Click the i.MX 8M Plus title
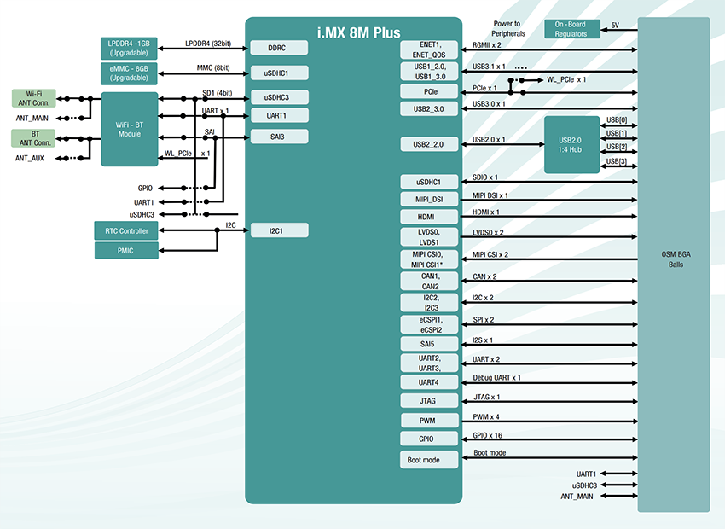[x=354, y=32]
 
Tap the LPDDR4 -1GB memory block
[x=129, y=47]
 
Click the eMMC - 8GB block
[x=129, y=72]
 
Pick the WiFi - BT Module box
[x=129, y=129]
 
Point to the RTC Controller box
[x=126, y=230]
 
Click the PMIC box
[x=126, y=250]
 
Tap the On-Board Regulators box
[x=571, y=28]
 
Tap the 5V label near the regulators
[x=615, y=26]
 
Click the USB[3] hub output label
[x=616, y=161]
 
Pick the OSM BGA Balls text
[x=672, y=259]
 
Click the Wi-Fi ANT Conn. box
[x=34, y=98]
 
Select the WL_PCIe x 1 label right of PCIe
[x=566, y=79]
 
